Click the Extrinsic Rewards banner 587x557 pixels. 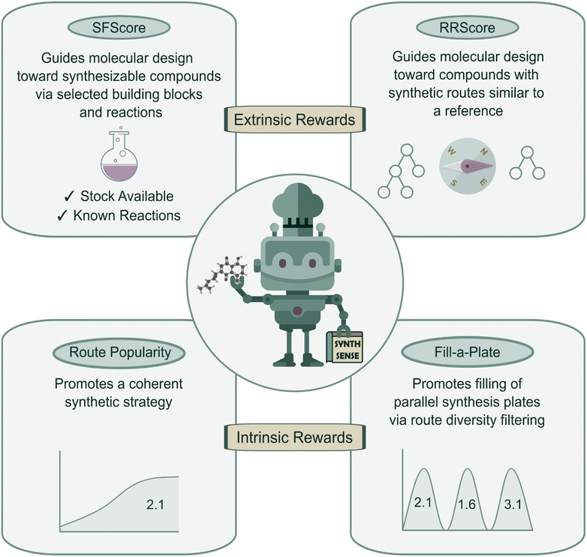pos(293,119)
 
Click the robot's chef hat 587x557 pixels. pos(293,203)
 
